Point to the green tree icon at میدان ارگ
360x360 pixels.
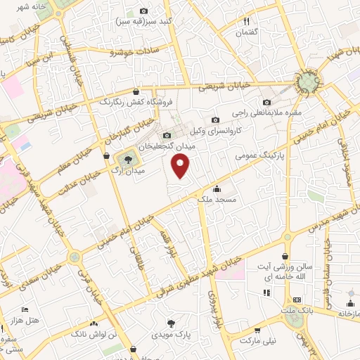click(127, 159)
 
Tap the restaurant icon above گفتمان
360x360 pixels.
click(247, 21)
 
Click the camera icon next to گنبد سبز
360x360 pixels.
click(144, 11)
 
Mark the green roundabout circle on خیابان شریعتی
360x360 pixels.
click(307, 82)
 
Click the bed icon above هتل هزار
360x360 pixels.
click(25, 309)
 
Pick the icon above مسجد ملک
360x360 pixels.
click(217, 188)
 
